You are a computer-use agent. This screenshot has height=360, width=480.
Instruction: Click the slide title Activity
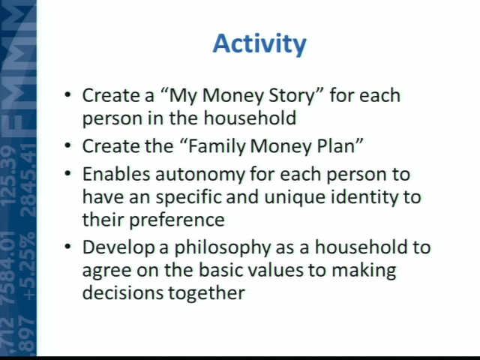click(x=259, y=44)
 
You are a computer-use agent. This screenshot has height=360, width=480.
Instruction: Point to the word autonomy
click(x=200, y=175)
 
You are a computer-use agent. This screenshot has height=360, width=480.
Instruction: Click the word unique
click(x=295, y=198)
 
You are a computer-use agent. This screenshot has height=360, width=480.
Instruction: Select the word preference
click(x=177, y=220)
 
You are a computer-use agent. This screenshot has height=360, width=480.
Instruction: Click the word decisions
click(x=123, y=293)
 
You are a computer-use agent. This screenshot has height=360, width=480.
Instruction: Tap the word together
click(x=207, y=293)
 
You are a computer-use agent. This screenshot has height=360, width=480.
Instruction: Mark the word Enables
click(x=116, y=175)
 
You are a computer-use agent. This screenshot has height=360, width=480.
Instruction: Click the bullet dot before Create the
click(x=67, y=145)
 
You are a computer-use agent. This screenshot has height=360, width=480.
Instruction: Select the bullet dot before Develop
click(x=67, y=246)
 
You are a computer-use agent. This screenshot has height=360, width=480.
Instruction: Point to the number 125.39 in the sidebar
click(x=8, y=175)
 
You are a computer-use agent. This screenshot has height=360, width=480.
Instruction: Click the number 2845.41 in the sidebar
click(x=29, y=180)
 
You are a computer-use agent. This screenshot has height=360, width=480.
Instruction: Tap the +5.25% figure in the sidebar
click(x=29, y=267)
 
